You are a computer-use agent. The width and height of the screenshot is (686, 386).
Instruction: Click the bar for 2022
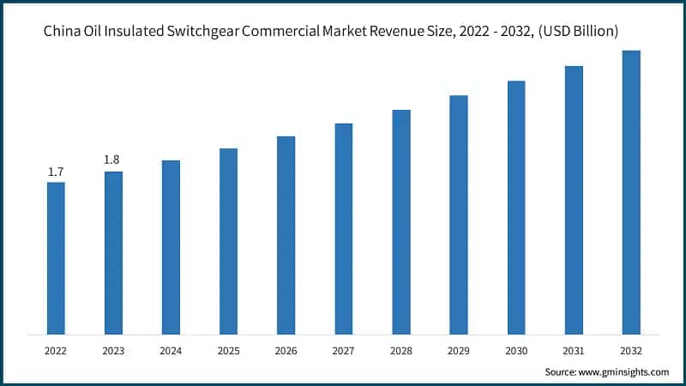56,258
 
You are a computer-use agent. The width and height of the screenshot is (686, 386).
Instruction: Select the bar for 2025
228,241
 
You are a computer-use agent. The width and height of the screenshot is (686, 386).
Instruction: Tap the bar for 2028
401,222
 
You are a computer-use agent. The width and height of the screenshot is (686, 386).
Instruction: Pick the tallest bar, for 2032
631,192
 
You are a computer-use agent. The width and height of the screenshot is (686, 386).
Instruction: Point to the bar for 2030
516,208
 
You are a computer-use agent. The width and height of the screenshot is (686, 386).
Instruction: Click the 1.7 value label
56,172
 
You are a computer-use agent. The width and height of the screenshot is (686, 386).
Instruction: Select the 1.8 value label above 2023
112,160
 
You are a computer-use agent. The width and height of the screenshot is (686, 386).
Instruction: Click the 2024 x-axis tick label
171,350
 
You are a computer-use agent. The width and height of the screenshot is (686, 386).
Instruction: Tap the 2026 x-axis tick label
286,350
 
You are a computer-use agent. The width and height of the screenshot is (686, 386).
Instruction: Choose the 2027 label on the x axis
343,350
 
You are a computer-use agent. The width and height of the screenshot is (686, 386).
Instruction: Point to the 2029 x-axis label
459,350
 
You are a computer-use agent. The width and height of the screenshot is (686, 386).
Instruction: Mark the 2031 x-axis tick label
574,350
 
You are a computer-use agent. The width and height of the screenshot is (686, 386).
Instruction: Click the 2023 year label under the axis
113,350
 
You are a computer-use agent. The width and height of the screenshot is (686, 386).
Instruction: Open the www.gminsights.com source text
622,371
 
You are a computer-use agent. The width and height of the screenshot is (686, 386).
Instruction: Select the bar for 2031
574,200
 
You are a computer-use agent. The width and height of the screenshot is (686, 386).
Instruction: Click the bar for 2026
286,235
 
